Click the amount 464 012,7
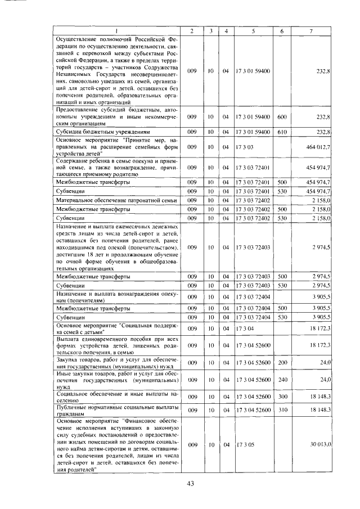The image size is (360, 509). tap(318, 146)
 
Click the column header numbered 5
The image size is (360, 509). tap(254, 30)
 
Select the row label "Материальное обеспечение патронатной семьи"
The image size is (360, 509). tap(115, 200)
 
